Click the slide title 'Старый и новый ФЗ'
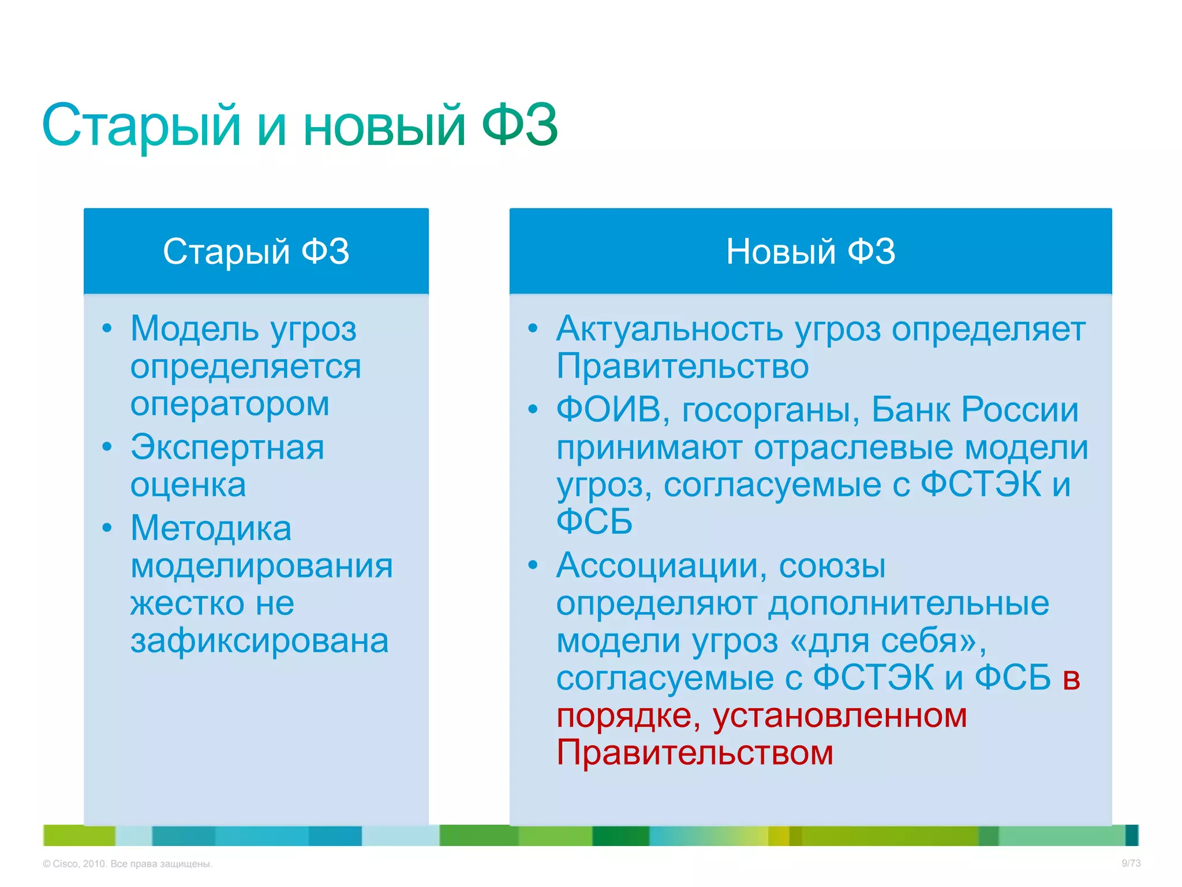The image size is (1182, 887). pyautogui.click(x=300, y=125)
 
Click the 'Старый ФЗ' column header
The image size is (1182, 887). pyautogui.click(x=256, y=252)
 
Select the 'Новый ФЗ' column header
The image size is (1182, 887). pyautogui.click(x=810, y=252)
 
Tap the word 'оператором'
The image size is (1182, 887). pyautogui.click(x=230, y=404)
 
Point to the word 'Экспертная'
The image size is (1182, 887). pyautogui.click(x=227, y=448)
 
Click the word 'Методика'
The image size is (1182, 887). pyautogui.click(x=211, y=528)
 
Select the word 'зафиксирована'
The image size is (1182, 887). pyautogui.click(x=259, y=641)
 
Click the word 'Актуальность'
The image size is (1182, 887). pyautogui.click(x=669, y=329)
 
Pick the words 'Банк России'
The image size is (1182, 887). pyautogui.click(x=974, y=410)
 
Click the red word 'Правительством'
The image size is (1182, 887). pyautogui.click(x=695, y=753)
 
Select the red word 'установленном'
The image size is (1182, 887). pyautogui.click(x=839, y=716)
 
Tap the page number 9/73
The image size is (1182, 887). pyautogui.click(x=1131, y=863)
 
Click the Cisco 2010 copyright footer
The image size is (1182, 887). pyautogui.click(x=128, y=864)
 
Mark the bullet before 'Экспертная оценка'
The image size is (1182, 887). pyautogui.click(x=107, y=447)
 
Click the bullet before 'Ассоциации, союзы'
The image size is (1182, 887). pyautogui.click(x=533, y=565)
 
